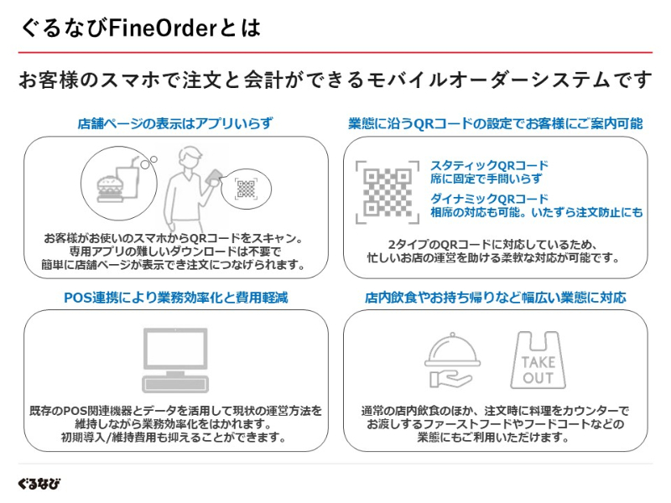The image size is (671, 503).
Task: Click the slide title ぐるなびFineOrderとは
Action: tap(141, 28)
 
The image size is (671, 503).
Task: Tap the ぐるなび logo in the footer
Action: tap(39, 484)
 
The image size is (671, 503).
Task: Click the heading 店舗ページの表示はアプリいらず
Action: tap(175, 123)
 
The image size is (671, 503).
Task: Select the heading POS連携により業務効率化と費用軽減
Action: tap(175, 297)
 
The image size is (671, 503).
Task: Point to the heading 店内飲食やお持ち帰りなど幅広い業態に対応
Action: tap(495, 297)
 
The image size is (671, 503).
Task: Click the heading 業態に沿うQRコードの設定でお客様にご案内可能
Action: tap(495, 123)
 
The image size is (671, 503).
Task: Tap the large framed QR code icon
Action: tap(387, 192)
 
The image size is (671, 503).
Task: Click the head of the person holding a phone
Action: tap(190, 155)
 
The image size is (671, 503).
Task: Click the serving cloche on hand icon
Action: tap(454, 361)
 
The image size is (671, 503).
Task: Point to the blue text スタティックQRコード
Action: tap(489, 165)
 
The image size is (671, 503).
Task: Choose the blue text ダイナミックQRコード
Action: tap(489, 199)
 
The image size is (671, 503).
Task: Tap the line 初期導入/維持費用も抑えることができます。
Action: tap(175, 437)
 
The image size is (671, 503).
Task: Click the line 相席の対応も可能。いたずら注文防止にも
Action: tap(537, 212)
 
